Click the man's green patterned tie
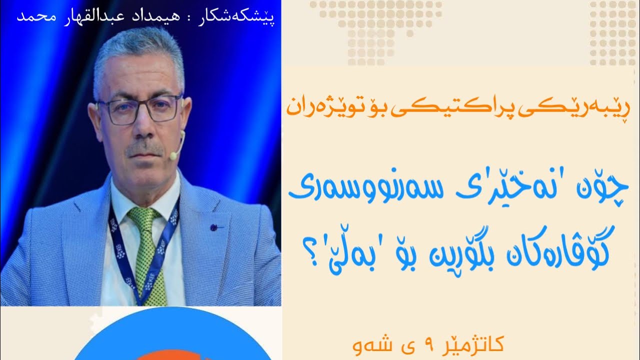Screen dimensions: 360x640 point(145,250)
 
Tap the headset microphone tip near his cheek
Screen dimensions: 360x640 point(173,156)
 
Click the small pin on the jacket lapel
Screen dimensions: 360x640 point(214,227)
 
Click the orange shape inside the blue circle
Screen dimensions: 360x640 point(172,355)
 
